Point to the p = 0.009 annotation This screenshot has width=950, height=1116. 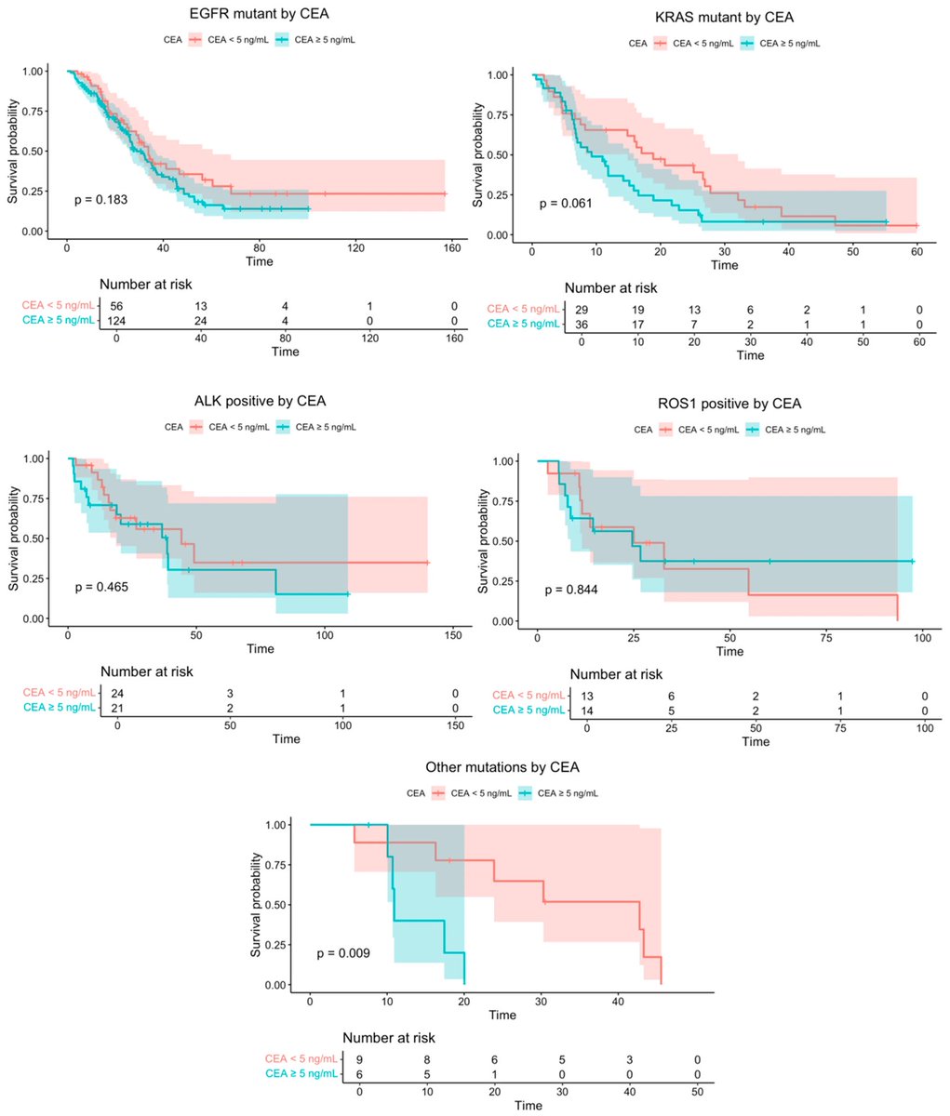(x=343, y=953)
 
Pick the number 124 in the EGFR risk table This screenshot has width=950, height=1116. (x=117, y=321)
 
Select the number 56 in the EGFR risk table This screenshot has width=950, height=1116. (x=117, y=305)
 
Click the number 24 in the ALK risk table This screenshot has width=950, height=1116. (x=117, y=693)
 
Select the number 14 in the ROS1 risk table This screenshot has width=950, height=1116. (x=586, y=711)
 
